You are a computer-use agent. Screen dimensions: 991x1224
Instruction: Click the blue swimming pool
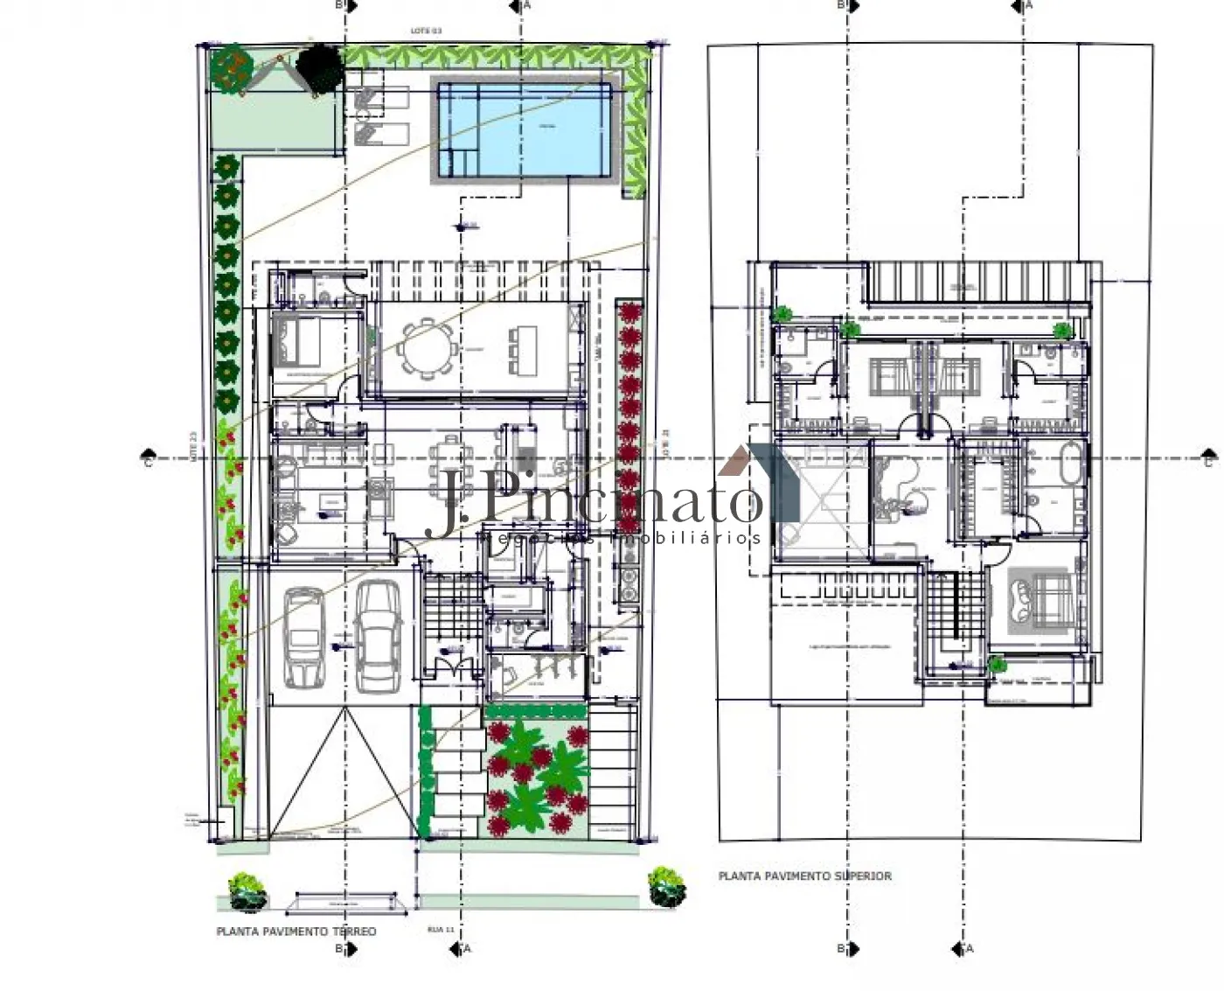(x=523, y=129)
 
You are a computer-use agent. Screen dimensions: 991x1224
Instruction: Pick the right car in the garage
(x=378, y=634)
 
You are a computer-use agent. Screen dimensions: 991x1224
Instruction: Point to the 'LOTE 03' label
(x=426, y=31)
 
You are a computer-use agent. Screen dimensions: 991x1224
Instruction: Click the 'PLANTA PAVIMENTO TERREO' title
(x=296, y=932)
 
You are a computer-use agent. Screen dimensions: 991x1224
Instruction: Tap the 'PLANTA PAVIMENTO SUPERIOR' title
(x=804, y=876)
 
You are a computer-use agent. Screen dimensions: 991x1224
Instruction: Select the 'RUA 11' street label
(x=440, y=930)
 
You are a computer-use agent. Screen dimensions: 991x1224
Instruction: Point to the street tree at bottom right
(x=666, y=885)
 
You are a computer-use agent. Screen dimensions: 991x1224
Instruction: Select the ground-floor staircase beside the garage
(x=454, y=606)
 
